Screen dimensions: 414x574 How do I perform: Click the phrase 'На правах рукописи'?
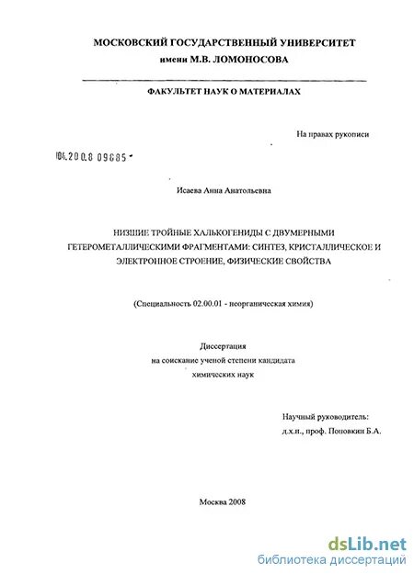pos(332,134)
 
